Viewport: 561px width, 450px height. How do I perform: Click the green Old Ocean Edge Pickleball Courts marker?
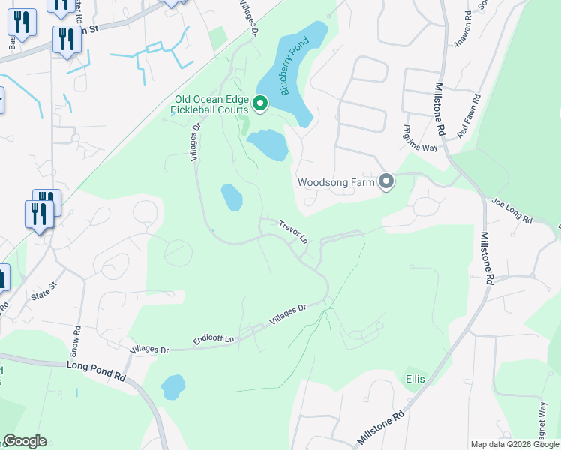260,103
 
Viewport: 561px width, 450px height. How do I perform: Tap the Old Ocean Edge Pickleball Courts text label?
211,103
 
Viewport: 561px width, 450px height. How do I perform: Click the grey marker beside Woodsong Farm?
386,182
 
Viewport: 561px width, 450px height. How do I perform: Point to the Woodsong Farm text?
335,182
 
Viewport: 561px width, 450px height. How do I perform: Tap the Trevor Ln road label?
293,232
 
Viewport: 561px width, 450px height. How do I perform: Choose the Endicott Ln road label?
214,338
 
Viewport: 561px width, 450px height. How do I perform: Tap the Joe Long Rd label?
511,211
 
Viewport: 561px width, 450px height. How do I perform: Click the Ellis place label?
415,379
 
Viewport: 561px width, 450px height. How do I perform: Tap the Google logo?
25,441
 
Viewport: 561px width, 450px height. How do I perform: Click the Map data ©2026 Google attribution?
514,444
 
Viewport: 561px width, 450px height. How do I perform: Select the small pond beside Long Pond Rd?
173,387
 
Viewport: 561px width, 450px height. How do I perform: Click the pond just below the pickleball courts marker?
268,145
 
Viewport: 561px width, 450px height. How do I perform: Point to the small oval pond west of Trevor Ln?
232,198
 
